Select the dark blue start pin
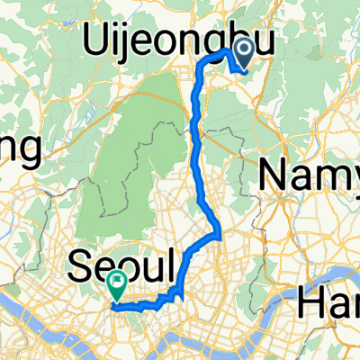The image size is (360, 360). [244, 56]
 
